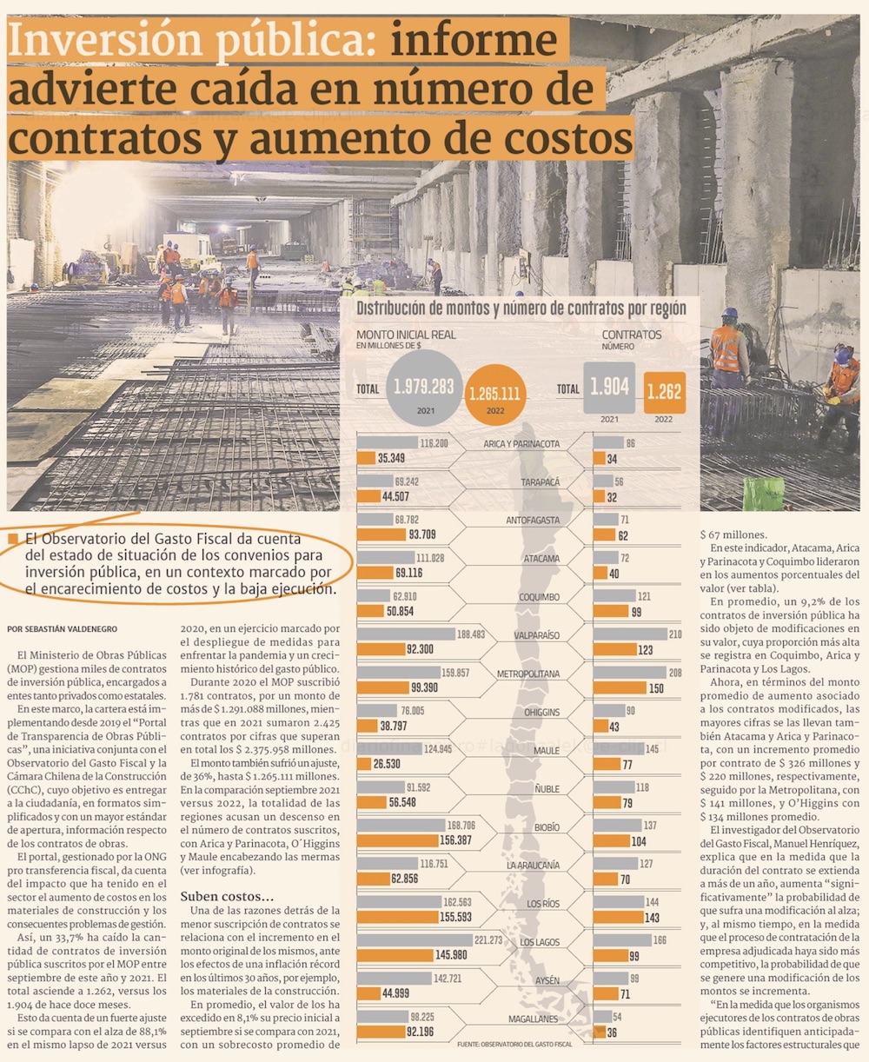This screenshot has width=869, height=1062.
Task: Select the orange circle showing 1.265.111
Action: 494,393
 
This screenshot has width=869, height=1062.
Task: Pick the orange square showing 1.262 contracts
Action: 664,391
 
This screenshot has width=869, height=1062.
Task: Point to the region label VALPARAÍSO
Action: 535,635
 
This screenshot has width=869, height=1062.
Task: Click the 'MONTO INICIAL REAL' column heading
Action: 406,335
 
